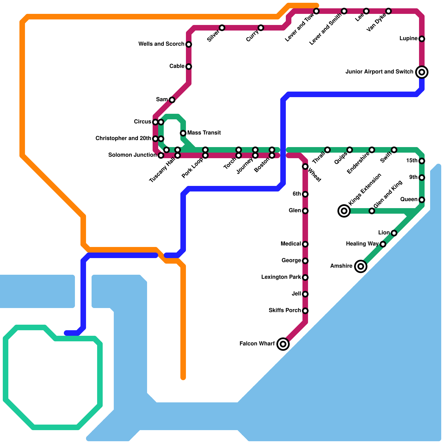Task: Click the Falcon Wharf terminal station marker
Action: pyautogui.click(x=283, y=344)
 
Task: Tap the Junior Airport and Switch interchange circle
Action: pyautogui.click(x=422, y=72)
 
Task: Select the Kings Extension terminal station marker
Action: pyautogui.click(x=344, y=211)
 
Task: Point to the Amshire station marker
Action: pyautogui.click(x=361, y=266)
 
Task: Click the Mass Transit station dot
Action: pyautogui.click(x=183, y=133)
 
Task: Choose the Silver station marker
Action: pyautogui.click(x=222, y=28)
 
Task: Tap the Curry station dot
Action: pyautogui.click(x=261, y=28)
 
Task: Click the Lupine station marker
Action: pyautogui.click(x=422, y=39)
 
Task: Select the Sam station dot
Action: pyautogui.click(x=172, y=100)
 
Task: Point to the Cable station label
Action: pyautogui.click(x=177, y=66)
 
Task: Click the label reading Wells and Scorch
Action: pyautogui.click(x=161, y=44)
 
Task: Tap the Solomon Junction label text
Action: pyautogui.click(x=132, y=155)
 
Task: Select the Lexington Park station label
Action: pyautogui.click(x=281, y=277)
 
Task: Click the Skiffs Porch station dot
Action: pyautogui.click(x=305, y=311)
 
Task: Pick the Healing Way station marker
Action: pyautogui.click(x=383, y=244)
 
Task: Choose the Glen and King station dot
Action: pyautogui.click(x=372, y=211)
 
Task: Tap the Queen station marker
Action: pyautogui.click(x=422, y=200)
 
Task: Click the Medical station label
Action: pyautogui.click(x=291, y=244)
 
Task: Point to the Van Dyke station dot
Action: pyautogui.click(x=389, y=11)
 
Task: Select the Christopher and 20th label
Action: pyautogui.click(x=123, y=138)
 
